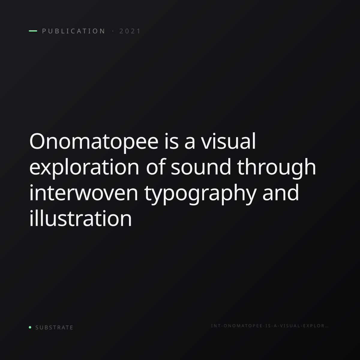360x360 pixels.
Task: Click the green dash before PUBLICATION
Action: [33, 31]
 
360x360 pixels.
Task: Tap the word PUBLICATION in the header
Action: [73, 31]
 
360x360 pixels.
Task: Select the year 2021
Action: [130, 31]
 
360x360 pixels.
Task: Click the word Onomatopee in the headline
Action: [94, 142]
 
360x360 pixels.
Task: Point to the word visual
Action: [228, 141]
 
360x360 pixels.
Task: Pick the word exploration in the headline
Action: [84, 167]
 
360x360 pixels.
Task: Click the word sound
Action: [201, 167]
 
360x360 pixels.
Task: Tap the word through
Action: [277, 167]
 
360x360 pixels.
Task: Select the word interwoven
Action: [84, 193]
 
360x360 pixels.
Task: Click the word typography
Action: [200, 194]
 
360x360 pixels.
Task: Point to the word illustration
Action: [81, 218]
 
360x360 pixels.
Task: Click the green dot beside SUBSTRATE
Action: [30, 327]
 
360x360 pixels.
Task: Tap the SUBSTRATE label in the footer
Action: [54, 328]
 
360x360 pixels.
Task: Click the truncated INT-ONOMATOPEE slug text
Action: [270, 326]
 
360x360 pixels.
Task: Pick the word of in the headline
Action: [156, 167]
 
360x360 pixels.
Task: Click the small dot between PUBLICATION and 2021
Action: [113, 31]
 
